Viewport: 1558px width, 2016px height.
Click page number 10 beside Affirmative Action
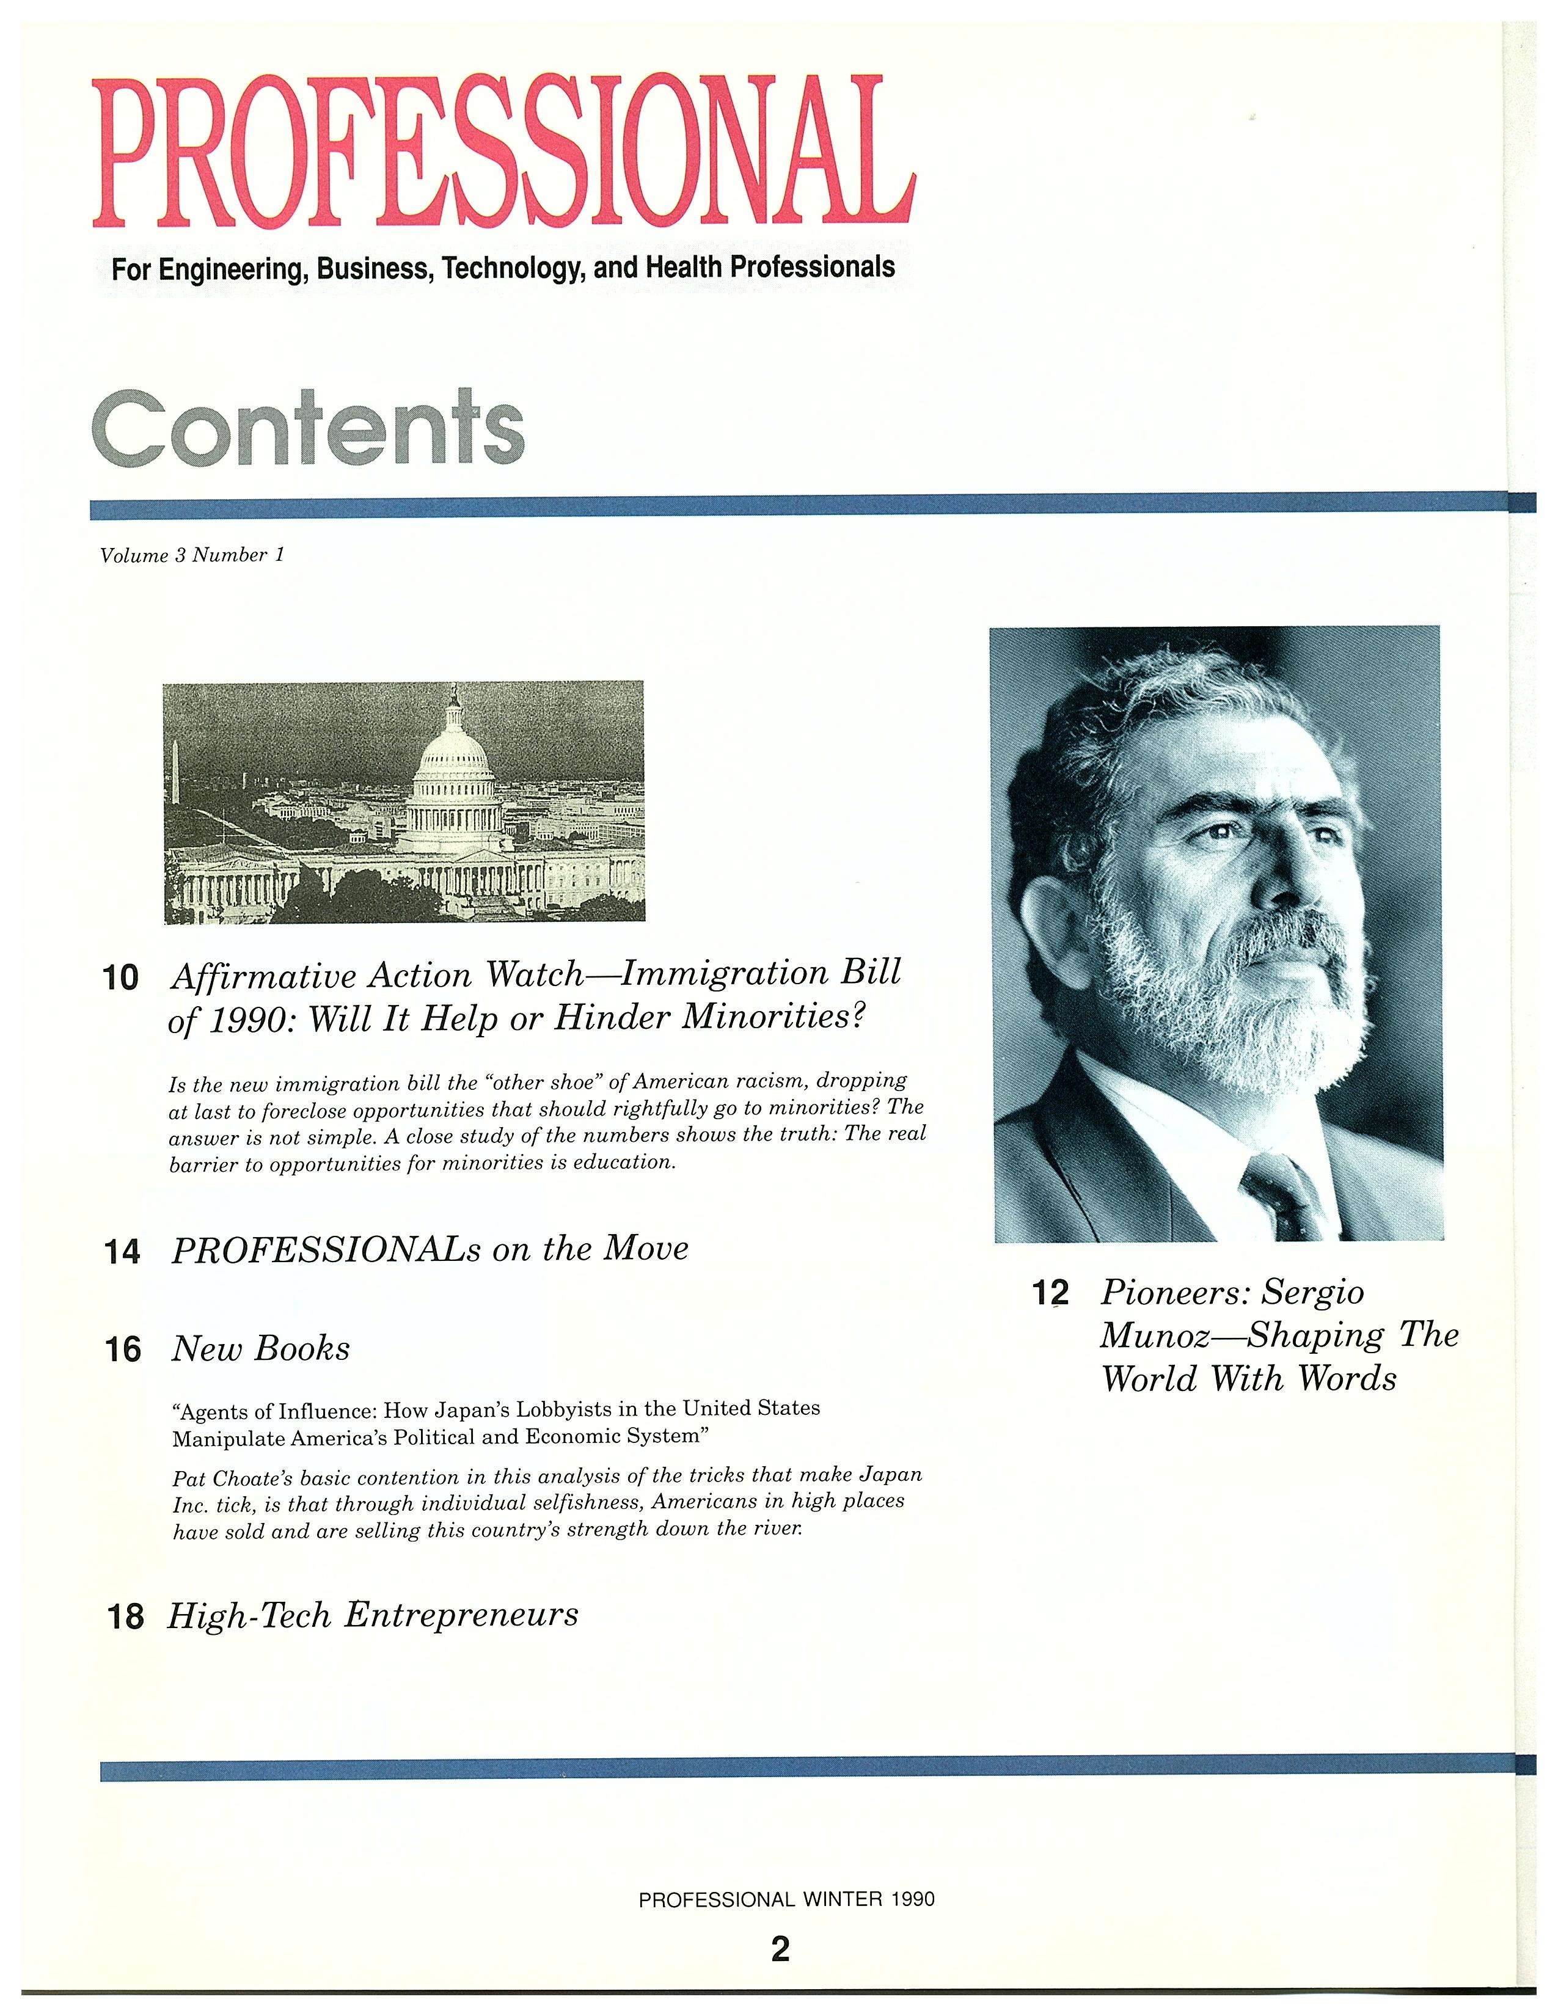point(121,977)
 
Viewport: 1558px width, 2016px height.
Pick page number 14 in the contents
point(123,1252)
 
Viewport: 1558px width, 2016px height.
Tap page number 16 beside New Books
point(123,1349)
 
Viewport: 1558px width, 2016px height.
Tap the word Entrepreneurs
point(461,1615)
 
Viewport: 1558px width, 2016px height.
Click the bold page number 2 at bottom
point(780,1949)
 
